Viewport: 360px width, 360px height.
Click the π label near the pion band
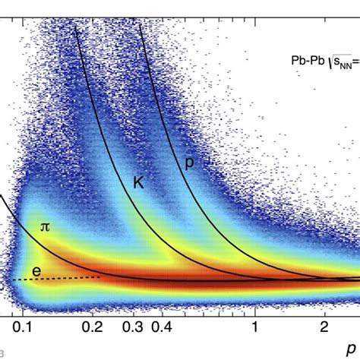pos(44,226)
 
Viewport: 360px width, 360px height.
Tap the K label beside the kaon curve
pos(139,183)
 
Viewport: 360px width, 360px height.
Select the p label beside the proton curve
pos(189,161)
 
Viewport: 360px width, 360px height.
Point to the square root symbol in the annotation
pos(330,58)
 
